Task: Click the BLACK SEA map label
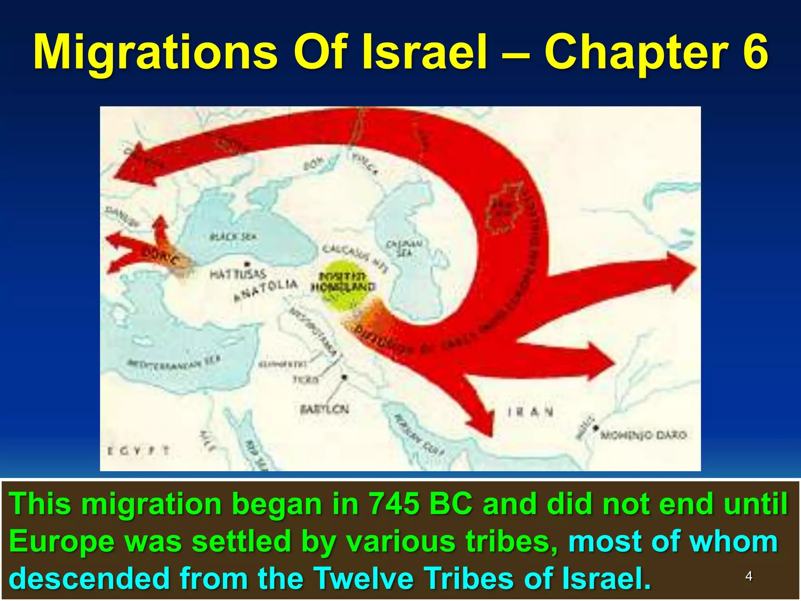[233, 237]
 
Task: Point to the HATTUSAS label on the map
[238, 274]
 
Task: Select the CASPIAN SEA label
[404, 248]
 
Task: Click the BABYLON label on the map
[324, 409]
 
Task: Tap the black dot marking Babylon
[345, 378]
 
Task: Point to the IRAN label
[530, 412]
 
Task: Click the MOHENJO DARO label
[643, 435]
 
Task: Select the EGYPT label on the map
[138, 451]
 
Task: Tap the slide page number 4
[749, 576]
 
